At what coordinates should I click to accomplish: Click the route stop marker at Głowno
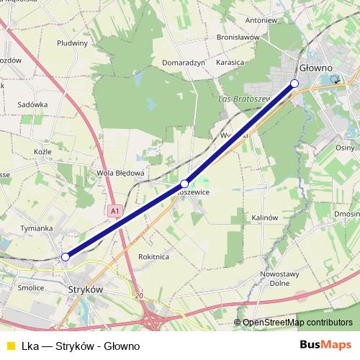(x=294, y=84)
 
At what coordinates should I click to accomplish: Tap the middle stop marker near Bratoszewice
(x=184, y=184)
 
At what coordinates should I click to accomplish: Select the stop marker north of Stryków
(x=66, y=256)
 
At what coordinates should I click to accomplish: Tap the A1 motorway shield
(x=115, y=211)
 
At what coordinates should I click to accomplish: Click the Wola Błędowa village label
(x=121, y=173)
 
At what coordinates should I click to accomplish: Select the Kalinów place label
(x=265, y=217)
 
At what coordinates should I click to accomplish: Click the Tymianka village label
(x=37, y=228)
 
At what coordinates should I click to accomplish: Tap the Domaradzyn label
(x=184, y=63)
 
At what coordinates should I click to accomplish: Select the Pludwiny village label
(x=71, y=42)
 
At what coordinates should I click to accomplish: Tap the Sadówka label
(x=34, y=104)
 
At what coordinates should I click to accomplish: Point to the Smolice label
(x=31, y=287)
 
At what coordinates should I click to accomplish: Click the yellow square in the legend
(x=9, y=346)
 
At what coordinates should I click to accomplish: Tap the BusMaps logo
(x=325, y=345)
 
